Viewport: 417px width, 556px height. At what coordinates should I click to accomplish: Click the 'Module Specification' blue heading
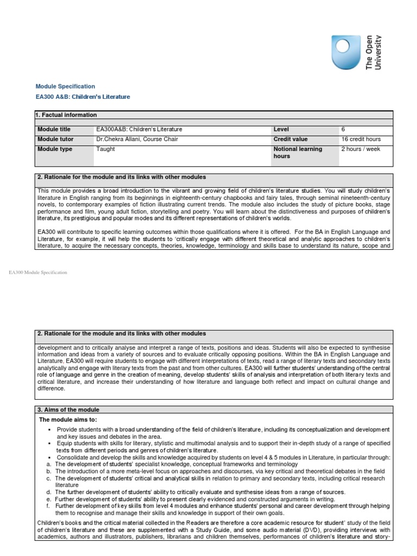click(65, 86)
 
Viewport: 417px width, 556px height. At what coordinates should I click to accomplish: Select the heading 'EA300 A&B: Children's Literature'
click(83, 97)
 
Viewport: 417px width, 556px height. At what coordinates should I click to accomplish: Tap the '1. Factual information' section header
click(66, 115)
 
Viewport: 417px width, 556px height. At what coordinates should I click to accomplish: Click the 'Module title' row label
click(54, 129)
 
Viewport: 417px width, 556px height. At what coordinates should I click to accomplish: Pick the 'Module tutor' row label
click(55, 139)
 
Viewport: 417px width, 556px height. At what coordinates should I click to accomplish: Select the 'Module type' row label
click(55, 149)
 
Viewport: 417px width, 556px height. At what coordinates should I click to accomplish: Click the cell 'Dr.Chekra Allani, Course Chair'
click(137, 139)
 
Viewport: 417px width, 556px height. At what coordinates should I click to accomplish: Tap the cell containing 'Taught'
click(105, 149)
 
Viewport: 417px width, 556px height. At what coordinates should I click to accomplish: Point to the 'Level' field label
click(281, 129)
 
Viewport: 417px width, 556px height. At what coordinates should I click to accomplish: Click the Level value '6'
click(343, 129)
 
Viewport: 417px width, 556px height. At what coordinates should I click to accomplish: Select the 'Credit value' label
click(290, 139)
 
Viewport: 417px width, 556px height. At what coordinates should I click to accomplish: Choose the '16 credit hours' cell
click(361, 139)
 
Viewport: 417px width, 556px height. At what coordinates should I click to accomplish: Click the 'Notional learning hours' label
click(298, 153)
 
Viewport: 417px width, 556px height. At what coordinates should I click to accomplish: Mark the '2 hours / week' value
click(361, 149)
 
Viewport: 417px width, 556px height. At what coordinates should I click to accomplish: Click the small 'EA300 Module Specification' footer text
click(38, 273)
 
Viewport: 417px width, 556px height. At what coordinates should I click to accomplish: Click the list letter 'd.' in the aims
click(49, 492)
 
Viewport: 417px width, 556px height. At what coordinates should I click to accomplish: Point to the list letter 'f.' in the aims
click(49, 506)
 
